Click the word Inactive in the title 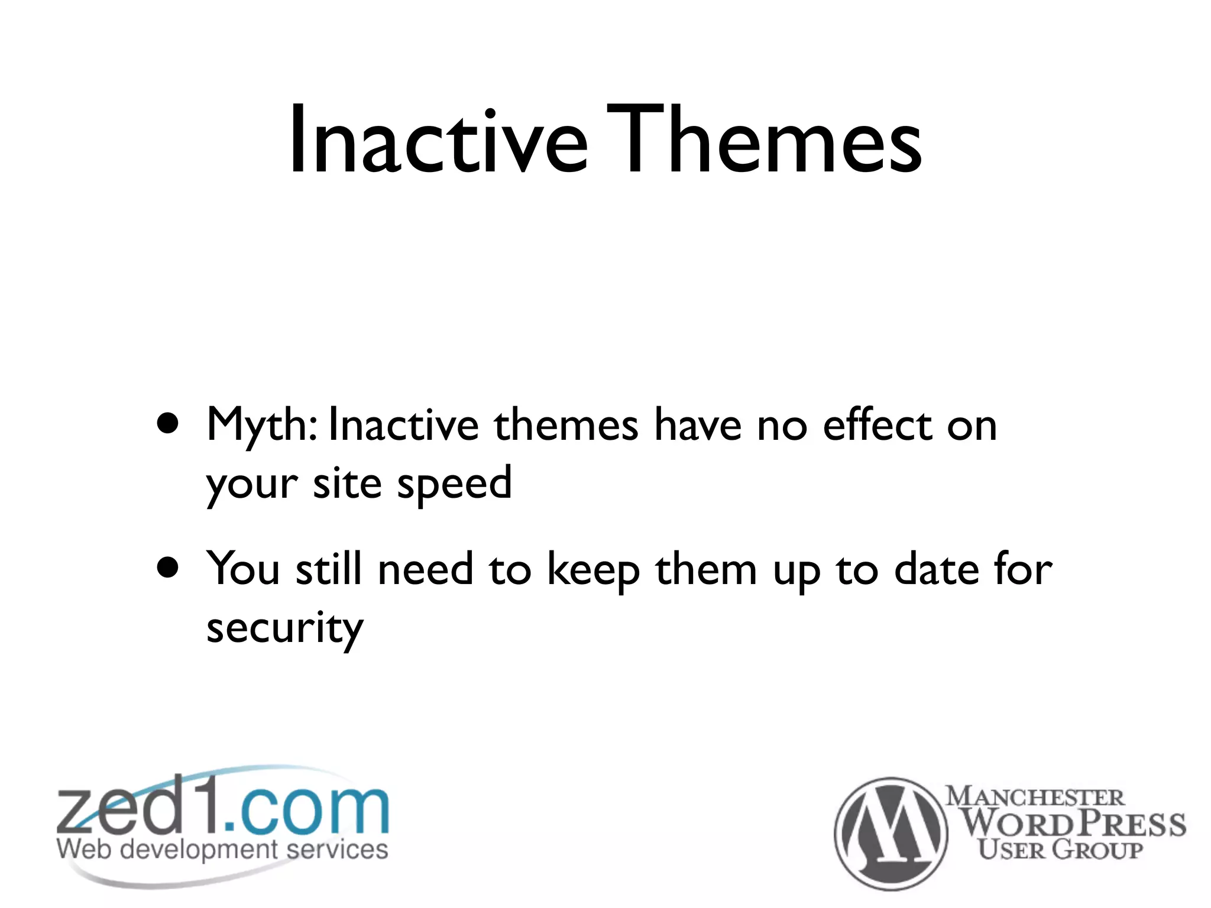(x=438, y=142)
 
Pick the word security (x=284, y=629)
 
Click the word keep (x=593, y=570)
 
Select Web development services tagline (x=222, y=849)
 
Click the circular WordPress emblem (x=891, y=834)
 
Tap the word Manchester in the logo (x=1035, y=796)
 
